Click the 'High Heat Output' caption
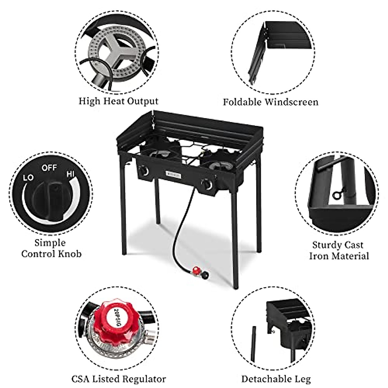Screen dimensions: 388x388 119,101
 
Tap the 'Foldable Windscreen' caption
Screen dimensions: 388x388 270,102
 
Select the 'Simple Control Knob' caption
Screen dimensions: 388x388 51,248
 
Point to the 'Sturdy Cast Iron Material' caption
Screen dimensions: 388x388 339,250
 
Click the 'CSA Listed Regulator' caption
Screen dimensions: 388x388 119,379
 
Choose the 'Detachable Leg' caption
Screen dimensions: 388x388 276,379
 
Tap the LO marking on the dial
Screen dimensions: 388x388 28,178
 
